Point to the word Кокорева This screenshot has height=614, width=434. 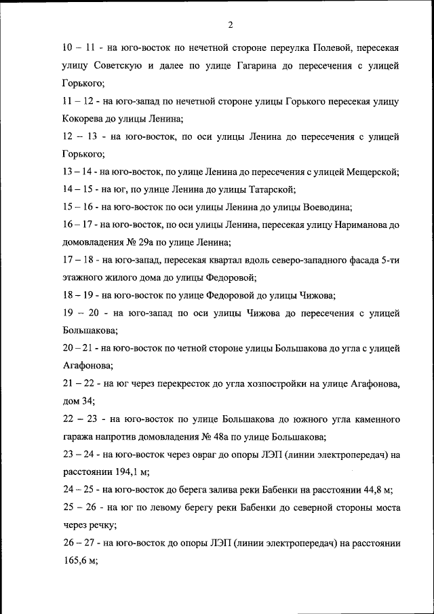pos(83,119)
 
